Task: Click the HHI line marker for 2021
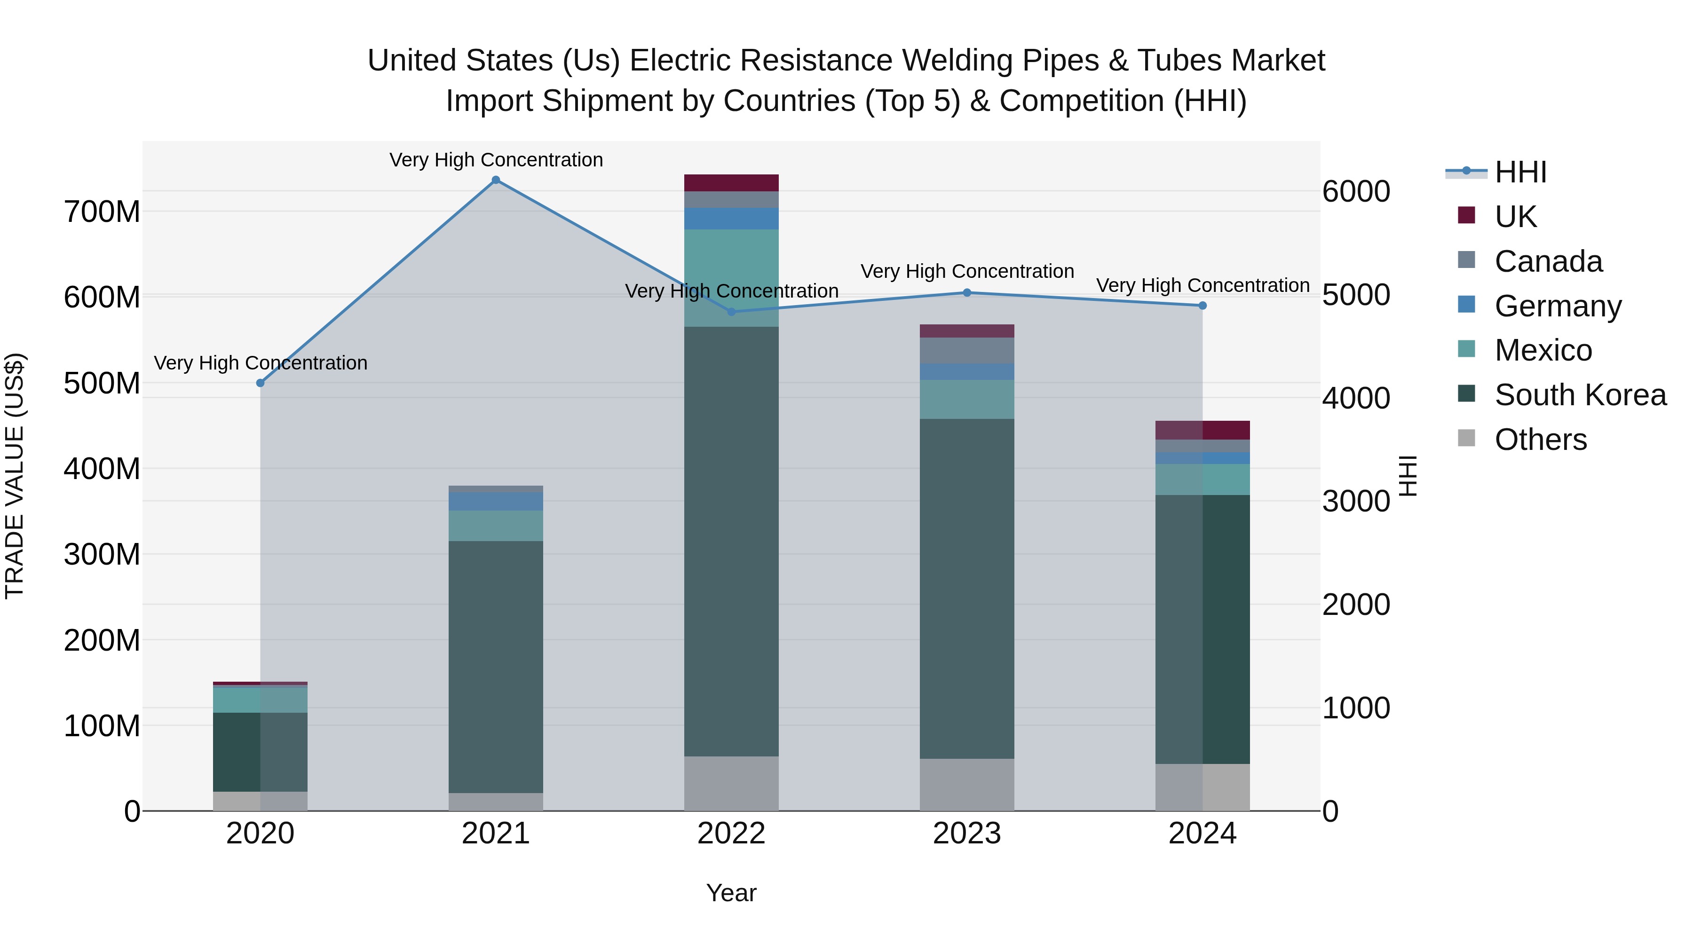(x=496, y=180)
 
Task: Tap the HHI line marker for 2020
(x=260, y=383)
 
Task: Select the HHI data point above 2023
(x=967, y=293)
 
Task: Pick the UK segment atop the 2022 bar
(x=731, y=183)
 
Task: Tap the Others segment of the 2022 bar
(x=731, y=783)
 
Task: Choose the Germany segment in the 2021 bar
(x=496, y=501)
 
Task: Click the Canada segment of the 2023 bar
(x=967, y=350)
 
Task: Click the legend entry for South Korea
(x=1580, y=395)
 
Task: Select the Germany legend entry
(x=1558, y=306)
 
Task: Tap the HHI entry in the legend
(x=1520, y=172)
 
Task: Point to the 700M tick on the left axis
(x=102, y=212)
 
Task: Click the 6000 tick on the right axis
(x=1356, y=192)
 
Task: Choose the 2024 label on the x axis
(x=1202, y=834)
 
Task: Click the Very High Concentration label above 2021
(x=496, y=160)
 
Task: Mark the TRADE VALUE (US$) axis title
(x=15, y=476)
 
